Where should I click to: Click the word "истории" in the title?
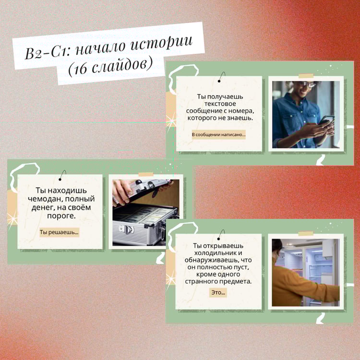click(162, 43)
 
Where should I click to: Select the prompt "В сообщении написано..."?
click(218, 134)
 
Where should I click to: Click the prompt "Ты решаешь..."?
click(59, 232)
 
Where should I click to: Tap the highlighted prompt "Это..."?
click(218, 292)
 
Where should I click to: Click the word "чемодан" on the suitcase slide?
click(45, 199)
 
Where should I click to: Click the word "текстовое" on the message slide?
click(220, 104)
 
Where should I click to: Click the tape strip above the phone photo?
click(306, 76)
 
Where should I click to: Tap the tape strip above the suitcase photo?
click(146, 174)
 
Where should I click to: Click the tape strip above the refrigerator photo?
click(306, 233)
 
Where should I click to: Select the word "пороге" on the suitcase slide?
click(61, 216)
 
